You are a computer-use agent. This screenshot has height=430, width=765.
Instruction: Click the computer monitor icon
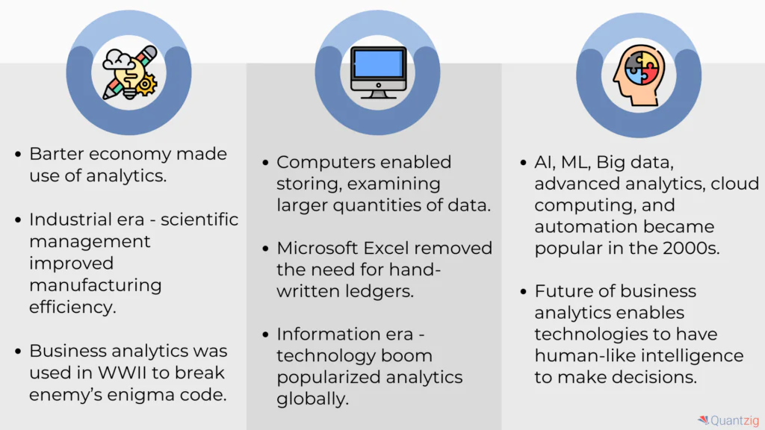coord(378,72)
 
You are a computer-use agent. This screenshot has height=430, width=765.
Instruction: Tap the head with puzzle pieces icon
coord(639,75)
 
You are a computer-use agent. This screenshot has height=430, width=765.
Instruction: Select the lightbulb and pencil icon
coord(130,72)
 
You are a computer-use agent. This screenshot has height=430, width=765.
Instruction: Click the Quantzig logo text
coord(734,420)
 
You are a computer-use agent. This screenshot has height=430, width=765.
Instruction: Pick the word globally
coord(313,399)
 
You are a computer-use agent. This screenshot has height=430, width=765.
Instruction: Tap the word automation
coord(576,227)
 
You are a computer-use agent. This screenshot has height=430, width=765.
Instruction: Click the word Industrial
coord(70,219)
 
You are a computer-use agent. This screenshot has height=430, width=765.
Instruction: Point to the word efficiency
coord(72,307)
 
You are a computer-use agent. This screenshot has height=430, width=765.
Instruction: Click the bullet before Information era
coord(265,334)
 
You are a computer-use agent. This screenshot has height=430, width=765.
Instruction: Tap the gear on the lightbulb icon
coord(146,84)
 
